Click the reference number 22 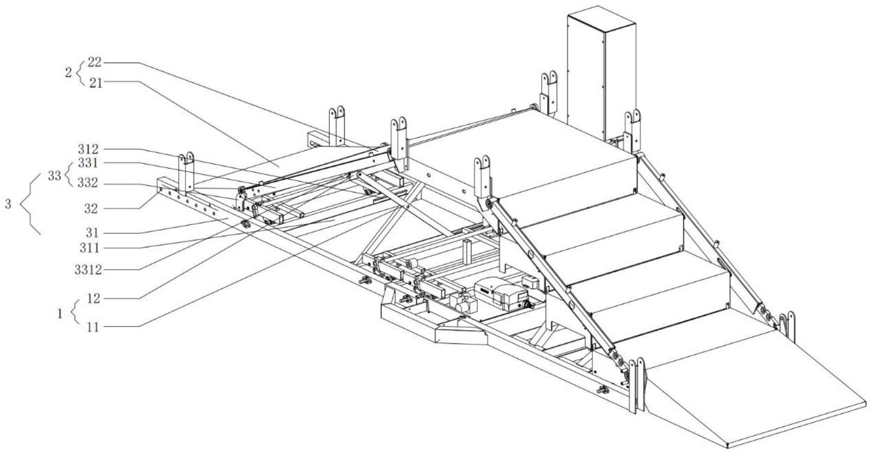(95, 62)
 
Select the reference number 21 (96, 83)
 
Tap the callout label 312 (88, 149)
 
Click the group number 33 (55, 175)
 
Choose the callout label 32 (91, 209)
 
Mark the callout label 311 (91, 248)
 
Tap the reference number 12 (93, 299)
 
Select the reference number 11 (93, 327)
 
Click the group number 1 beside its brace (60, 314)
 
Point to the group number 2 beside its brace (68, 72)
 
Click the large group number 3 (8, 205)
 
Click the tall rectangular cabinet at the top (601, 70)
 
